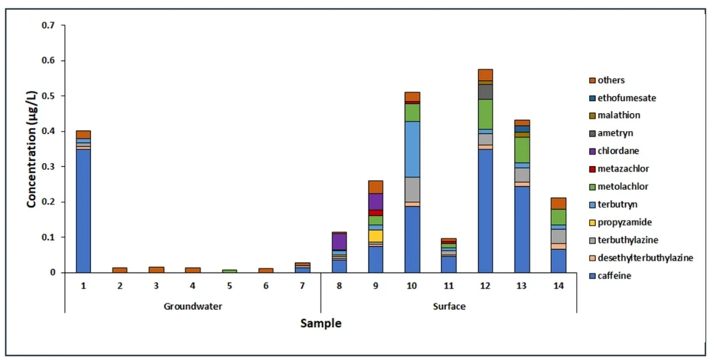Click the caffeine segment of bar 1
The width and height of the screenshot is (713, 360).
[83, 210]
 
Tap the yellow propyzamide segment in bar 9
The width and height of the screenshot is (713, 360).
[375, 235]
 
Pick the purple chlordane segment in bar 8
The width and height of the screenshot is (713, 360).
[339, 241]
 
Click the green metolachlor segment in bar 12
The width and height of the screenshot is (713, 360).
[485, 114]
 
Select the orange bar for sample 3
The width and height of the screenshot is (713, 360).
[156, 270]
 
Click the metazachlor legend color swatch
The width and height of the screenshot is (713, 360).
[592, 169]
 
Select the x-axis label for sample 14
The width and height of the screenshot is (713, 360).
[558, 285]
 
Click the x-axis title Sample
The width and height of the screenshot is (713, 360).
[320, 323]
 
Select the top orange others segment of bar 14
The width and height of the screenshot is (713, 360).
[558, 203]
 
